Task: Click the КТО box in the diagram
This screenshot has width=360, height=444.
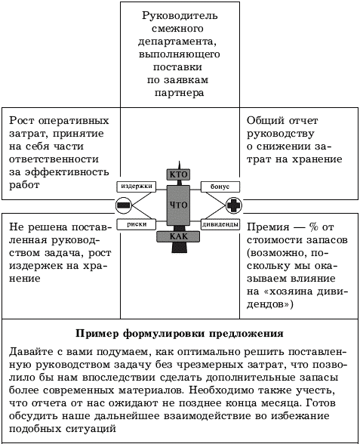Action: click(178, 174)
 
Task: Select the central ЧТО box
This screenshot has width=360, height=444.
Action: click(178, 205)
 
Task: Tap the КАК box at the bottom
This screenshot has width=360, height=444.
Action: click(178, 236)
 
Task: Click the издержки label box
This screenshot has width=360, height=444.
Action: click(137, 187)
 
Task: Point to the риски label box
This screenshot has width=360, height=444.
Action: click(137, 224)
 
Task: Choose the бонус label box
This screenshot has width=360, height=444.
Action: click(220, 187)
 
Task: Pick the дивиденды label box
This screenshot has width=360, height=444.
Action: click(220, 224)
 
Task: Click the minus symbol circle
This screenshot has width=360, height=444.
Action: click(124, 205)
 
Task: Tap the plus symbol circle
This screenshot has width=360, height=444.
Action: click(233, 205)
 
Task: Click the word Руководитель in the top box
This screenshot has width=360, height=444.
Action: click(180, 16)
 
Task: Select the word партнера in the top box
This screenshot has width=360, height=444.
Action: click(179, 93)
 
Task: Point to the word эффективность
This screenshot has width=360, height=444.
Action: click(67, 172)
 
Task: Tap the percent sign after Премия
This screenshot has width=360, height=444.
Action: click(313, 227)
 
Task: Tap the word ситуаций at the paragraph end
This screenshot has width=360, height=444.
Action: click(91, 429)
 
